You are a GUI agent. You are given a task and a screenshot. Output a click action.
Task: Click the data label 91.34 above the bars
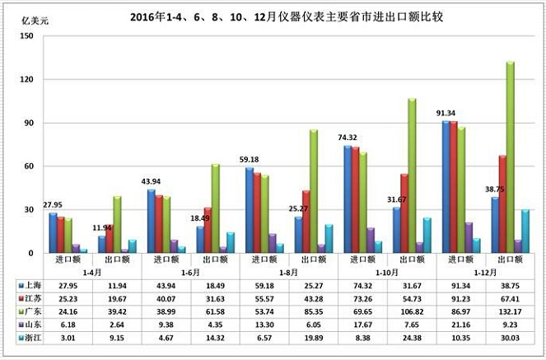point(447,113)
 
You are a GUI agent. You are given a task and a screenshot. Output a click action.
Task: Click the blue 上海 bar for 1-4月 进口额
point(53,233)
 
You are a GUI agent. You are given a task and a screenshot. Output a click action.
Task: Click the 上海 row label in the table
point(32,283)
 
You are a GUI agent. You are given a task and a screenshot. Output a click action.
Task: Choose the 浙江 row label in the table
point(32,336)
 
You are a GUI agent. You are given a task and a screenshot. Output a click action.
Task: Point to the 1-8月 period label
point(288,270)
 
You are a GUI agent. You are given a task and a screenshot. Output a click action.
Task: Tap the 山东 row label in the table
point(32,323)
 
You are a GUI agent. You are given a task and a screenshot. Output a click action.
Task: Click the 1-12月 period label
point(486,270)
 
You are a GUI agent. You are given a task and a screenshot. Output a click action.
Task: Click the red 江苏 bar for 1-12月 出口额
point(502,203)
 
